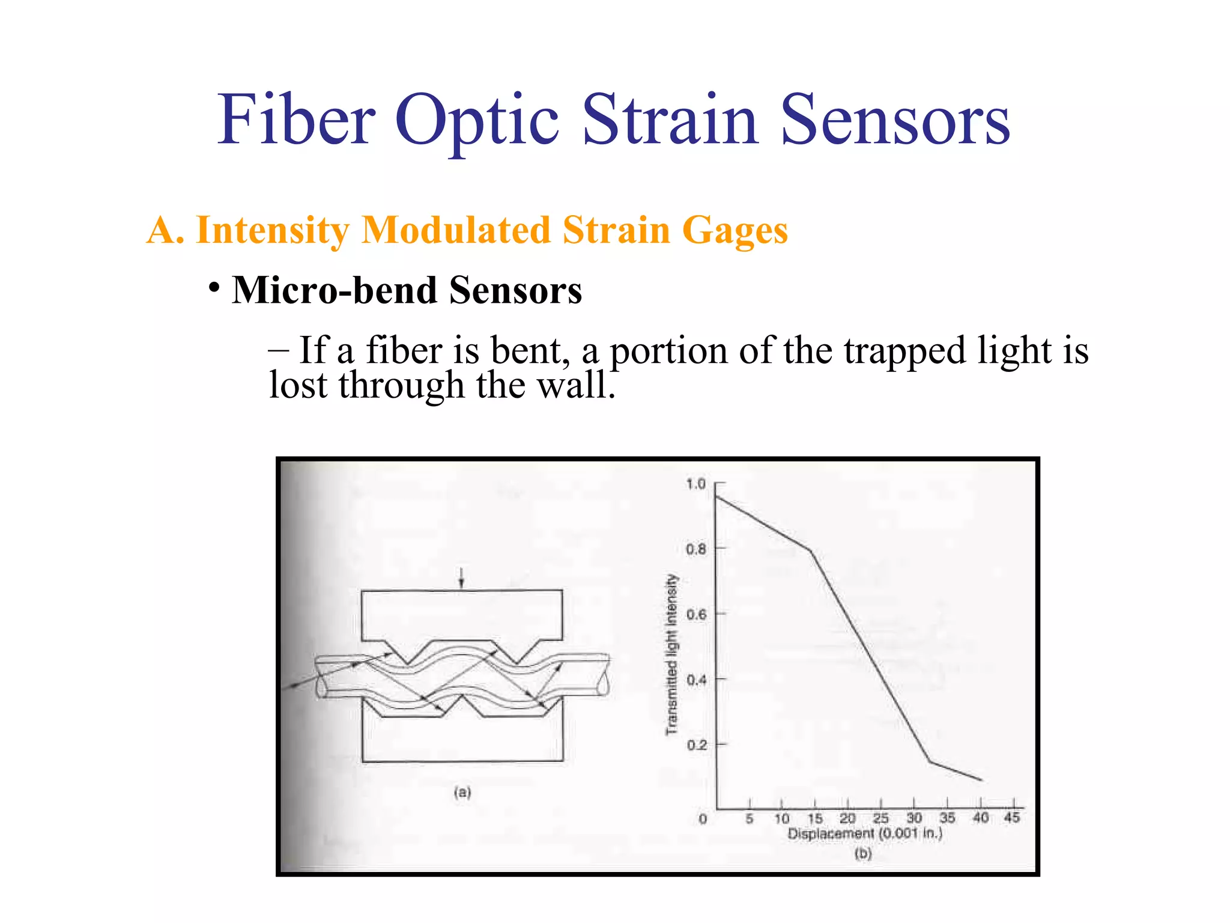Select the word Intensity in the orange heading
tap(272, 230)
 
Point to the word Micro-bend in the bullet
tap(335, 291)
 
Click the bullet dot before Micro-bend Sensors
tap(214, 287)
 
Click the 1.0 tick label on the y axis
tap(695, 484)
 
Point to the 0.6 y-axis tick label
tap(696, 615)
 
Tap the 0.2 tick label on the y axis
tap(696, 745)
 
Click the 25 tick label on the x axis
tap(880, 818)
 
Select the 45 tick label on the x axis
tap(1012, 817)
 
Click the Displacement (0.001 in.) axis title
tap(865, 834)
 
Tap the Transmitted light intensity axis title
tap(671, 654)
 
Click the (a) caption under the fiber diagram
tap(462, 792)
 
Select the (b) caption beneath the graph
tap(863, 853)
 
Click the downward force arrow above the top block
tap(461, 578)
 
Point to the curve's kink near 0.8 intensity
tap(811, 550)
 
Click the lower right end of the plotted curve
tap(981, 780)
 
